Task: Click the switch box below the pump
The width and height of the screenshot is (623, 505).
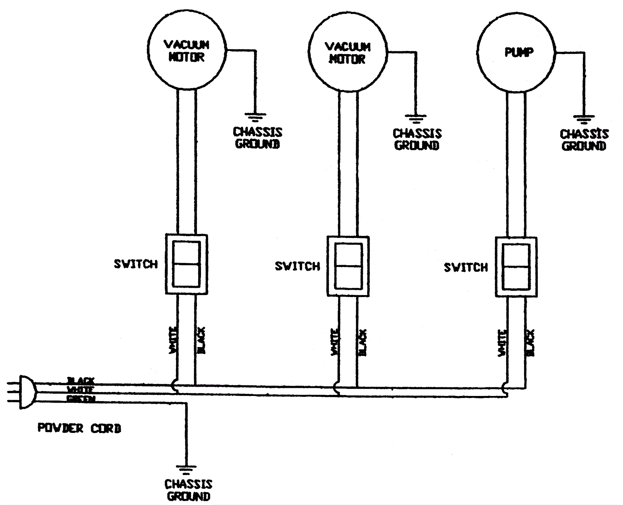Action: [516, 267]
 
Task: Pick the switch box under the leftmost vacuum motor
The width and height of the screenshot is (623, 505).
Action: [187, 264]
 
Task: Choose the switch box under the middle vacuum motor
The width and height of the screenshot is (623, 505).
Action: [348, 266]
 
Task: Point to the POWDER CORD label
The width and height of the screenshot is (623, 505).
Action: [79, 428]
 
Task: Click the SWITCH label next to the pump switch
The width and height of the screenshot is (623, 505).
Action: [466, 267]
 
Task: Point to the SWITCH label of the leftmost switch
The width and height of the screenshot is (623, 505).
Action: [136, 264]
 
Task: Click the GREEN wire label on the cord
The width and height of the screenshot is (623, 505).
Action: [81, 399]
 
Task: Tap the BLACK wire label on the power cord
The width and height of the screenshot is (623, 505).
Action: [81, 380]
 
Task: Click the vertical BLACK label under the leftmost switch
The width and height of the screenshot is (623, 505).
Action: [201, 341]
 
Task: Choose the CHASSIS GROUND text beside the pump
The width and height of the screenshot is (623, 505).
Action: [584, 140]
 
